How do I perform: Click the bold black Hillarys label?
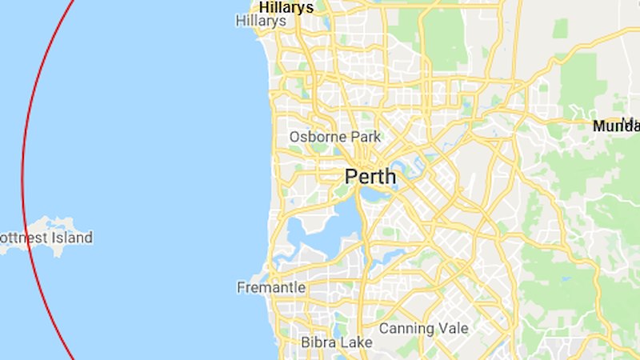pos(286,7)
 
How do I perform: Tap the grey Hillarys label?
pos(261,22)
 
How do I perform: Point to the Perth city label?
pos(370,177)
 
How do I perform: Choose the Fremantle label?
pos(271,287)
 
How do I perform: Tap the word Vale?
pos(453,329)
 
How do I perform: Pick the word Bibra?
pos(318,342)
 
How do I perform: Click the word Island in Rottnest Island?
pos(70,238)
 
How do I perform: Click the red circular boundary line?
pos(22,160)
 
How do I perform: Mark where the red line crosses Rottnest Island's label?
pos(28,238)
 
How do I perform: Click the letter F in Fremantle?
pos(242,287)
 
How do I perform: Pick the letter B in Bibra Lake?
pos(306,342)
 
